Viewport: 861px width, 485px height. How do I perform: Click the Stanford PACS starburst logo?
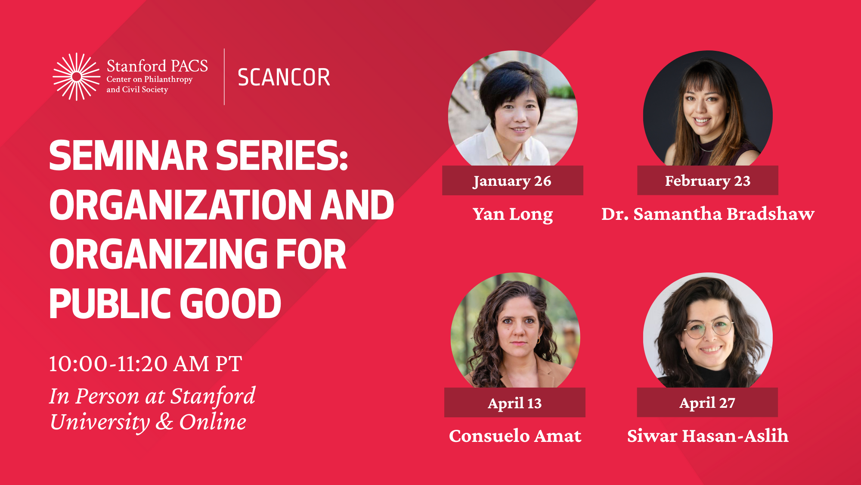[x=77, y=77]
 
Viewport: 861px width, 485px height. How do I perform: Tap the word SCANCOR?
[x=284, y=78]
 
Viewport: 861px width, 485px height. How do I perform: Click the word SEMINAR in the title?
[x=129, y=156]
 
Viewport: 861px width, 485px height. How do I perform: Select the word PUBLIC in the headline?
[x=110, y=304]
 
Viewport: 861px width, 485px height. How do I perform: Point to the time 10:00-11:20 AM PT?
[x=146, y=364]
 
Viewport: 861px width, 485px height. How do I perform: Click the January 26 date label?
[x=512, y=181]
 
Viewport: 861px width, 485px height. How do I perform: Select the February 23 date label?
[x=708, y=181]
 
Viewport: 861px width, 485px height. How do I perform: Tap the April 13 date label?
[x=515, y=403]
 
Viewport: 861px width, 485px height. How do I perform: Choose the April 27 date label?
[x=707, y=403]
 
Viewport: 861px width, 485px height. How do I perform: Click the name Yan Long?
[x=513, y=214]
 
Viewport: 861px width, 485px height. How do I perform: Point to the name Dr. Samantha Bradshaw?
[x=708, y=214]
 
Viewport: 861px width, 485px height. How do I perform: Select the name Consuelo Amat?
[x=515, y=436]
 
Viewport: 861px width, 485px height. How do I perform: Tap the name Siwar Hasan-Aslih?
[x=708, y=436]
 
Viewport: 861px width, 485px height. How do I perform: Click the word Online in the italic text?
[x=213, y=422]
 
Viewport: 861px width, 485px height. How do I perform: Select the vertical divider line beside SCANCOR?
[x=224, y=77]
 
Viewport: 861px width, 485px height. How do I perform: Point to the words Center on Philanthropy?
[x=149, y=79]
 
